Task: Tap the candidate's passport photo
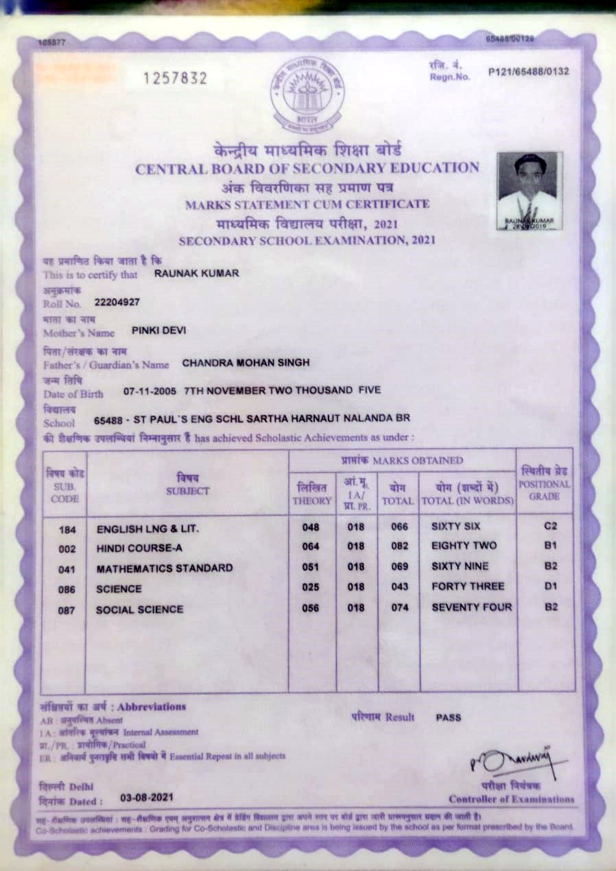coord(529,191)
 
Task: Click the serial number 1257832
coord(174,79)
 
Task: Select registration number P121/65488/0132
coord(528,71)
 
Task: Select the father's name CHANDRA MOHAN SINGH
coord(246,362)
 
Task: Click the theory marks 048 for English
coord(311,528)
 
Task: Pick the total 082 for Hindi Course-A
coord(399,547)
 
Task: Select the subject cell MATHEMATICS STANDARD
coord(165,568)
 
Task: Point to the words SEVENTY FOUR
coord(471,607)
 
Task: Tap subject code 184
coord(67,529)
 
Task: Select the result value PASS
coord(449,717)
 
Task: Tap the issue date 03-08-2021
coord(147,798)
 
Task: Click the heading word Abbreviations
coord(152,707)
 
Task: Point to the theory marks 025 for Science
coord(311,588)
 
